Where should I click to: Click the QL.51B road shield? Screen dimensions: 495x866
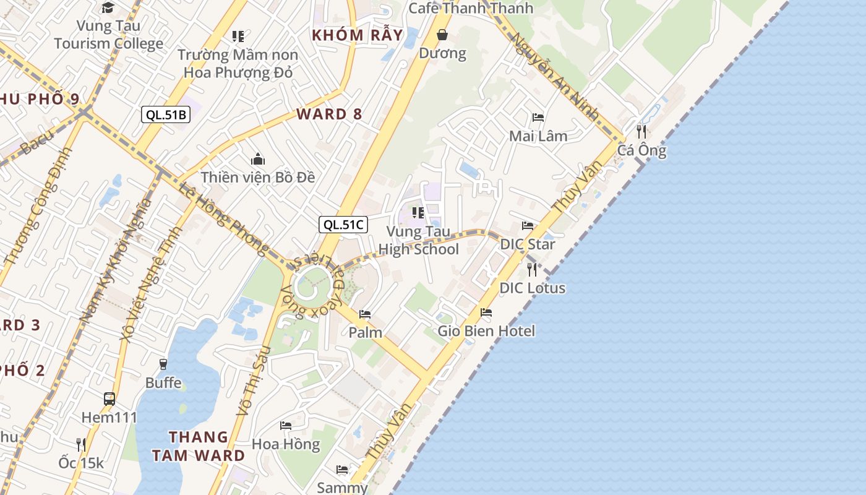point(165,114)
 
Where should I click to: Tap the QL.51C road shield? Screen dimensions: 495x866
point(343,225)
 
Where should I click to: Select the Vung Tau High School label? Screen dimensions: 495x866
point(419,241)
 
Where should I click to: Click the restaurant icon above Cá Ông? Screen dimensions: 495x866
point(641,131)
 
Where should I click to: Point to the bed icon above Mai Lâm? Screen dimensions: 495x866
point(538,117)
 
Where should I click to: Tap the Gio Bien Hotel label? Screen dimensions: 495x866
point(486,331)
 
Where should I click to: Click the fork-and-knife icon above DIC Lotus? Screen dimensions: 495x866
point(531,269)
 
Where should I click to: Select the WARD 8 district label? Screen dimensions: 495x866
point(329,114)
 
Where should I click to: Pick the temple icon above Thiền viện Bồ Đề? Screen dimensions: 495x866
point(258,160)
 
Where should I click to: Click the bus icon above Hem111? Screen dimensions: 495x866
point(109,399)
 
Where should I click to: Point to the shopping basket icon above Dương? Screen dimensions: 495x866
point(443,35)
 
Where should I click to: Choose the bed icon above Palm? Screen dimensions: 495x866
point(365,314)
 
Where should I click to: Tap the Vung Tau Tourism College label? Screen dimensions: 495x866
point(109,35)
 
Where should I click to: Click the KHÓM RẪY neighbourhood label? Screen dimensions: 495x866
point(358,35)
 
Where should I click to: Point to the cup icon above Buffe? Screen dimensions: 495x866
point(163,364)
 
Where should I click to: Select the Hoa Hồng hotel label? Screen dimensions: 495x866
point(286,444)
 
